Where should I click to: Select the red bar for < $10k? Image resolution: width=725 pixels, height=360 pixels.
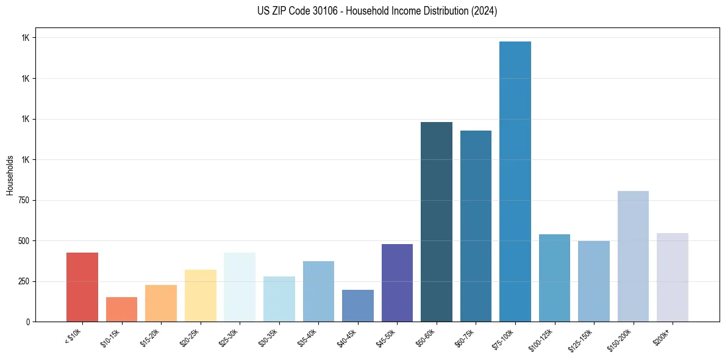(x=82, y=287)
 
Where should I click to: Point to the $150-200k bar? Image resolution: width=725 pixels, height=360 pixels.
(x=633, y=256)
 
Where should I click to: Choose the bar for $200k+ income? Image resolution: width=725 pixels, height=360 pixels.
(x=673, y=277)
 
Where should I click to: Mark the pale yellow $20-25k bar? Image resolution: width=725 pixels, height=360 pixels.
(x=201, y=295)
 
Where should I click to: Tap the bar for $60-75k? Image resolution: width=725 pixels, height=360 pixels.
(x=476, y=226)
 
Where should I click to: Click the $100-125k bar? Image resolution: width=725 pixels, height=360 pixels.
(x=554, y=278)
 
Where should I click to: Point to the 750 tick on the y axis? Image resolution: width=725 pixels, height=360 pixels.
(x=24, y=200)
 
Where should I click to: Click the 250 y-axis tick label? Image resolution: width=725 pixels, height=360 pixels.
(x=24, y=281)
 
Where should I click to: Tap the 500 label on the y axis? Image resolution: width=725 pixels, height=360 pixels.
(x=24, y=240)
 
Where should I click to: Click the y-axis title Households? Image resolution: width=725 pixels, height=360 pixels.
(x=10, y=175)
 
